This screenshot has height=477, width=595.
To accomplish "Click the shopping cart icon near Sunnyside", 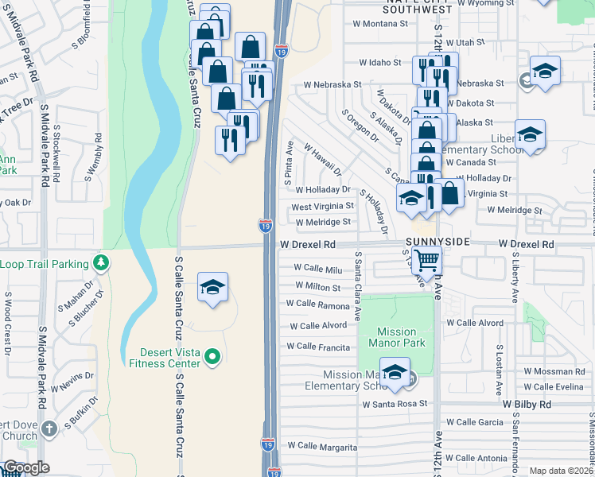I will pos(427,259).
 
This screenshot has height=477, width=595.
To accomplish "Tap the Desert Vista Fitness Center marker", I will pos(212,358).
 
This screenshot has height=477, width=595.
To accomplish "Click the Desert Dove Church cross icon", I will pos(49,429).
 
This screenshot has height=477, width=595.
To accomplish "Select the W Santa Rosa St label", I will pos(395,404).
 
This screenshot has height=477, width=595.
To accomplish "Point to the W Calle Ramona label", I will pos(317,304).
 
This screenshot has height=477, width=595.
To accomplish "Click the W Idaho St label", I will pos(380,62).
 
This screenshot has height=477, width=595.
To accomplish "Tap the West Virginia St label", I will pos(322,206).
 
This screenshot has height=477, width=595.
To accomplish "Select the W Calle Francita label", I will pos(318,347).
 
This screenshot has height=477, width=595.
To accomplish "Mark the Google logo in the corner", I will pos(26,467).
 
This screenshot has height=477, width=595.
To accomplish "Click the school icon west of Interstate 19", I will pos(213,288).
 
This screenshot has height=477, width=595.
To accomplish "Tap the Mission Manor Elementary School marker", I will pos(395,374).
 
